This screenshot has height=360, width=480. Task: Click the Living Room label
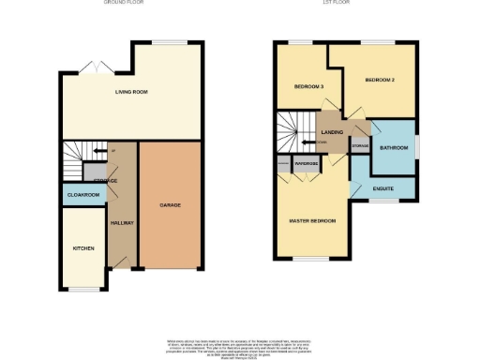pos(132,92)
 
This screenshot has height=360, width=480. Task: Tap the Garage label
pos(170,204)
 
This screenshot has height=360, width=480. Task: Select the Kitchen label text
pos(84,248)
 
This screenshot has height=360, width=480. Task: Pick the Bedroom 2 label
pos(380,81)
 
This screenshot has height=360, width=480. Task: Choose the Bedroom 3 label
pos(309,87)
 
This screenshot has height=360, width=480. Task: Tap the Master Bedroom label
pos(311,220)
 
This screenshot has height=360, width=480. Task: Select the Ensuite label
pos(382,188)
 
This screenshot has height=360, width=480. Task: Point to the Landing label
pos(332,133)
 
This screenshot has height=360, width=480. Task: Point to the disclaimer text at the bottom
pos(239,344)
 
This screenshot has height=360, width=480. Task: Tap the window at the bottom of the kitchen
pos(83,289)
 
